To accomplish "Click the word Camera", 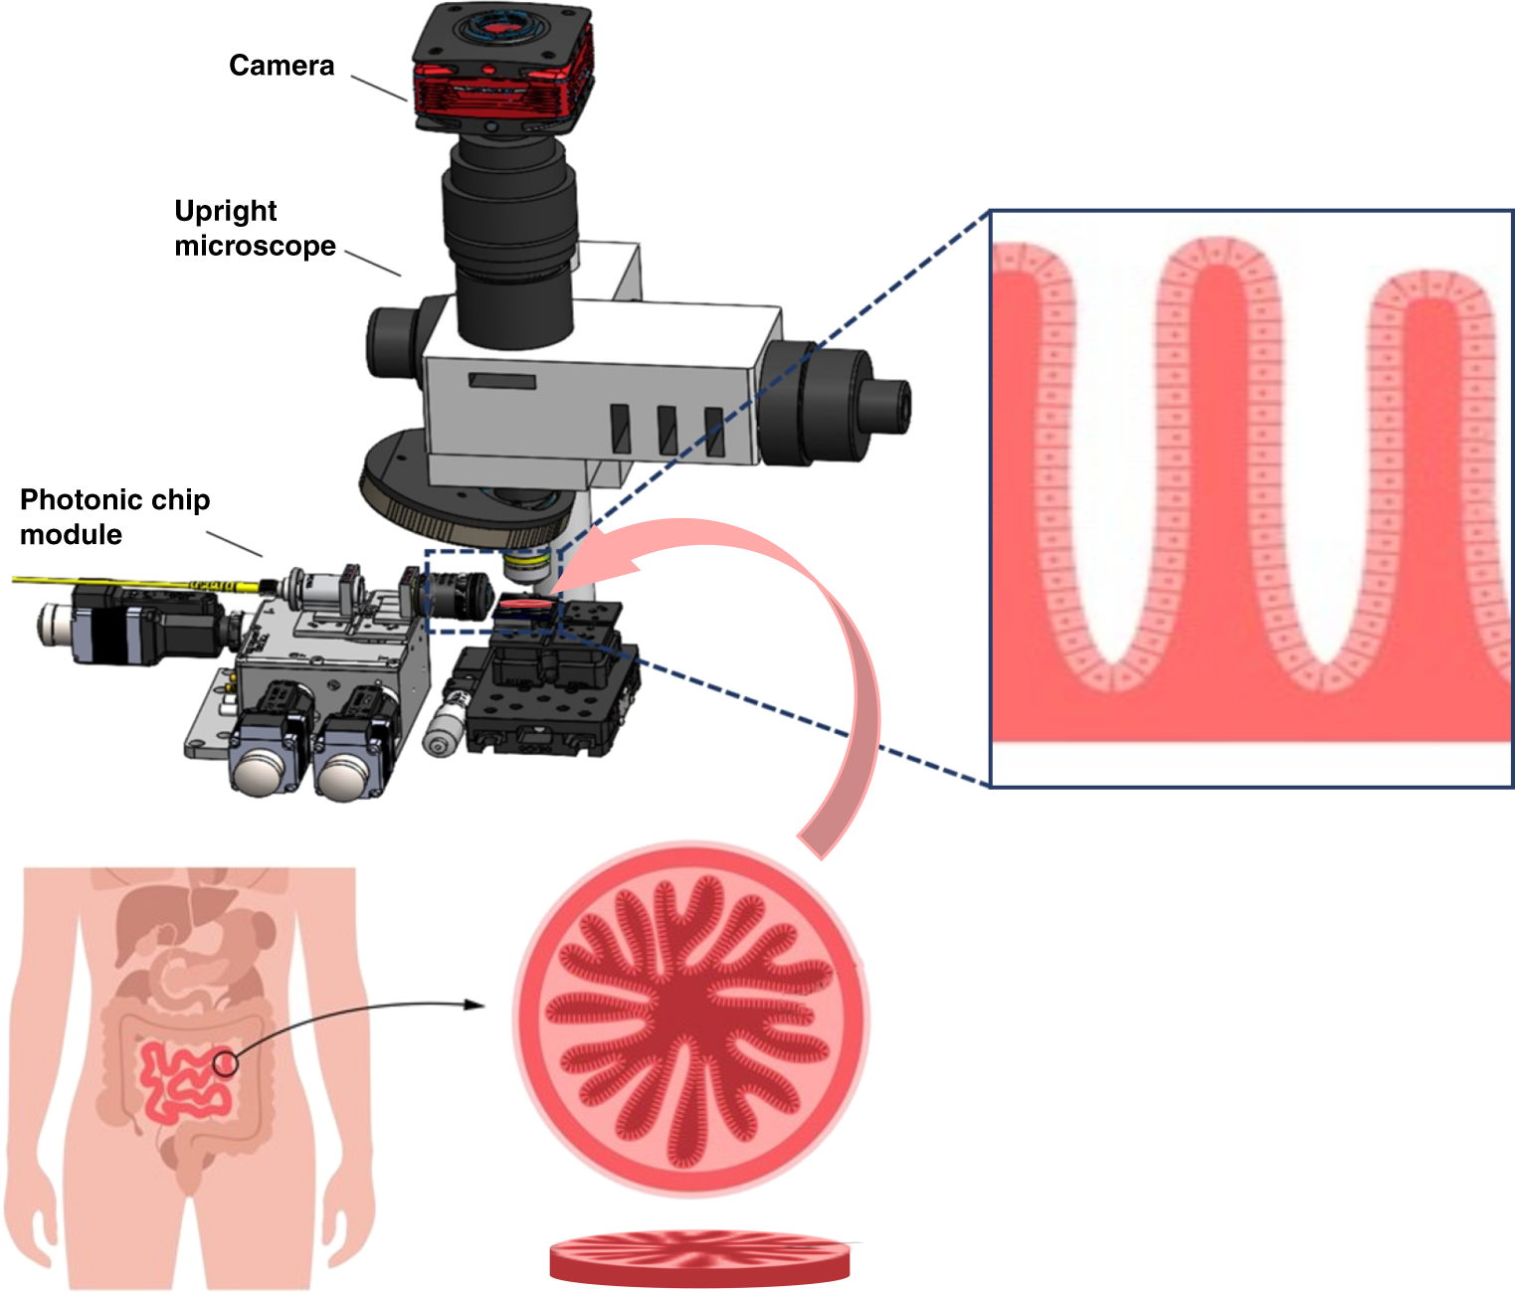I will pyautogui.click(x=282, y=66).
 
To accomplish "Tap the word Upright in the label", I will pyautogui.click(x=225, y=211).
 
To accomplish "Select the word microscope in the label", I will pyautogui.click(x=255, y=246).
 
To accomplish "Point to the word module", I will pyautogui.click(x=71, y=535).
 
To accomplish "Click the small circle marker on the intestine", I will pyautogui.click(x=227, y=1063).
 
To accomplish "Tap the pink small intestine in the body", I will pyautogui.click(x=184, y=1084).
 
